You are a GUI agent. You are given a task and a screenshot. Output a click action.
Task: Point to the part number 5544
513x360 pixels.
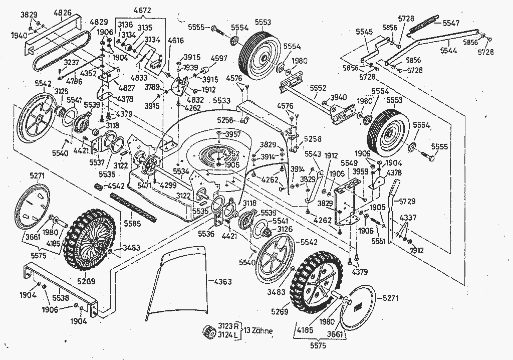coord(449,51)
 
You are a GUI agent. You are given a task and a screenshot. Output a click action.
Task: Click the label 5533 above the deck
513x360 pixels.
coord(222,100)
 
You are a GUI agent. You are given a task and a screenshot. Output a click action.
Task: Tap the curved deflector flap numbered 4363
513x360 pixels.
coord(175,286)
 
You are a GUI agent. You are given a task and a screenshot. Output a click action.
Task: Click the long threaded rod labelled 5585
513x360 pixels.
coord(135,209)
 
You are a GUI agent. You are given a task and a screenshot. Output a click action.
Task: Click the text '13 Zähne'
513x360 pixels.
coord(260,331)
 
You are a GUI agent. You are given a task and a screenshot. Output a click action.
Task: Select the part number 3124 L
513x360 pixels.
coord(227,335)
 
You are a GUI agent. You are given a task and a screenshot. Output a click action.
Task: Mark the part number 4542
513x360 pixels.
coord(116,186)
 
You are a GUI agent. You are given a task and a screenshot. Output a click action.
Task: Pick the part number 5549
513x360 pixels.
coord(349,163)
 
